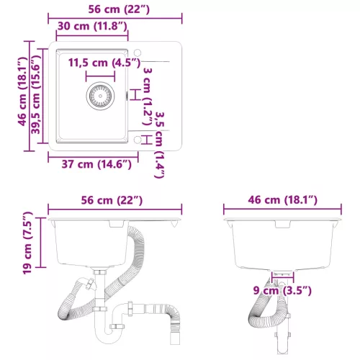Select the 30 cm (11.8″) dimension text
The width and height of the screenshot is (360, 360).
92,26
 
